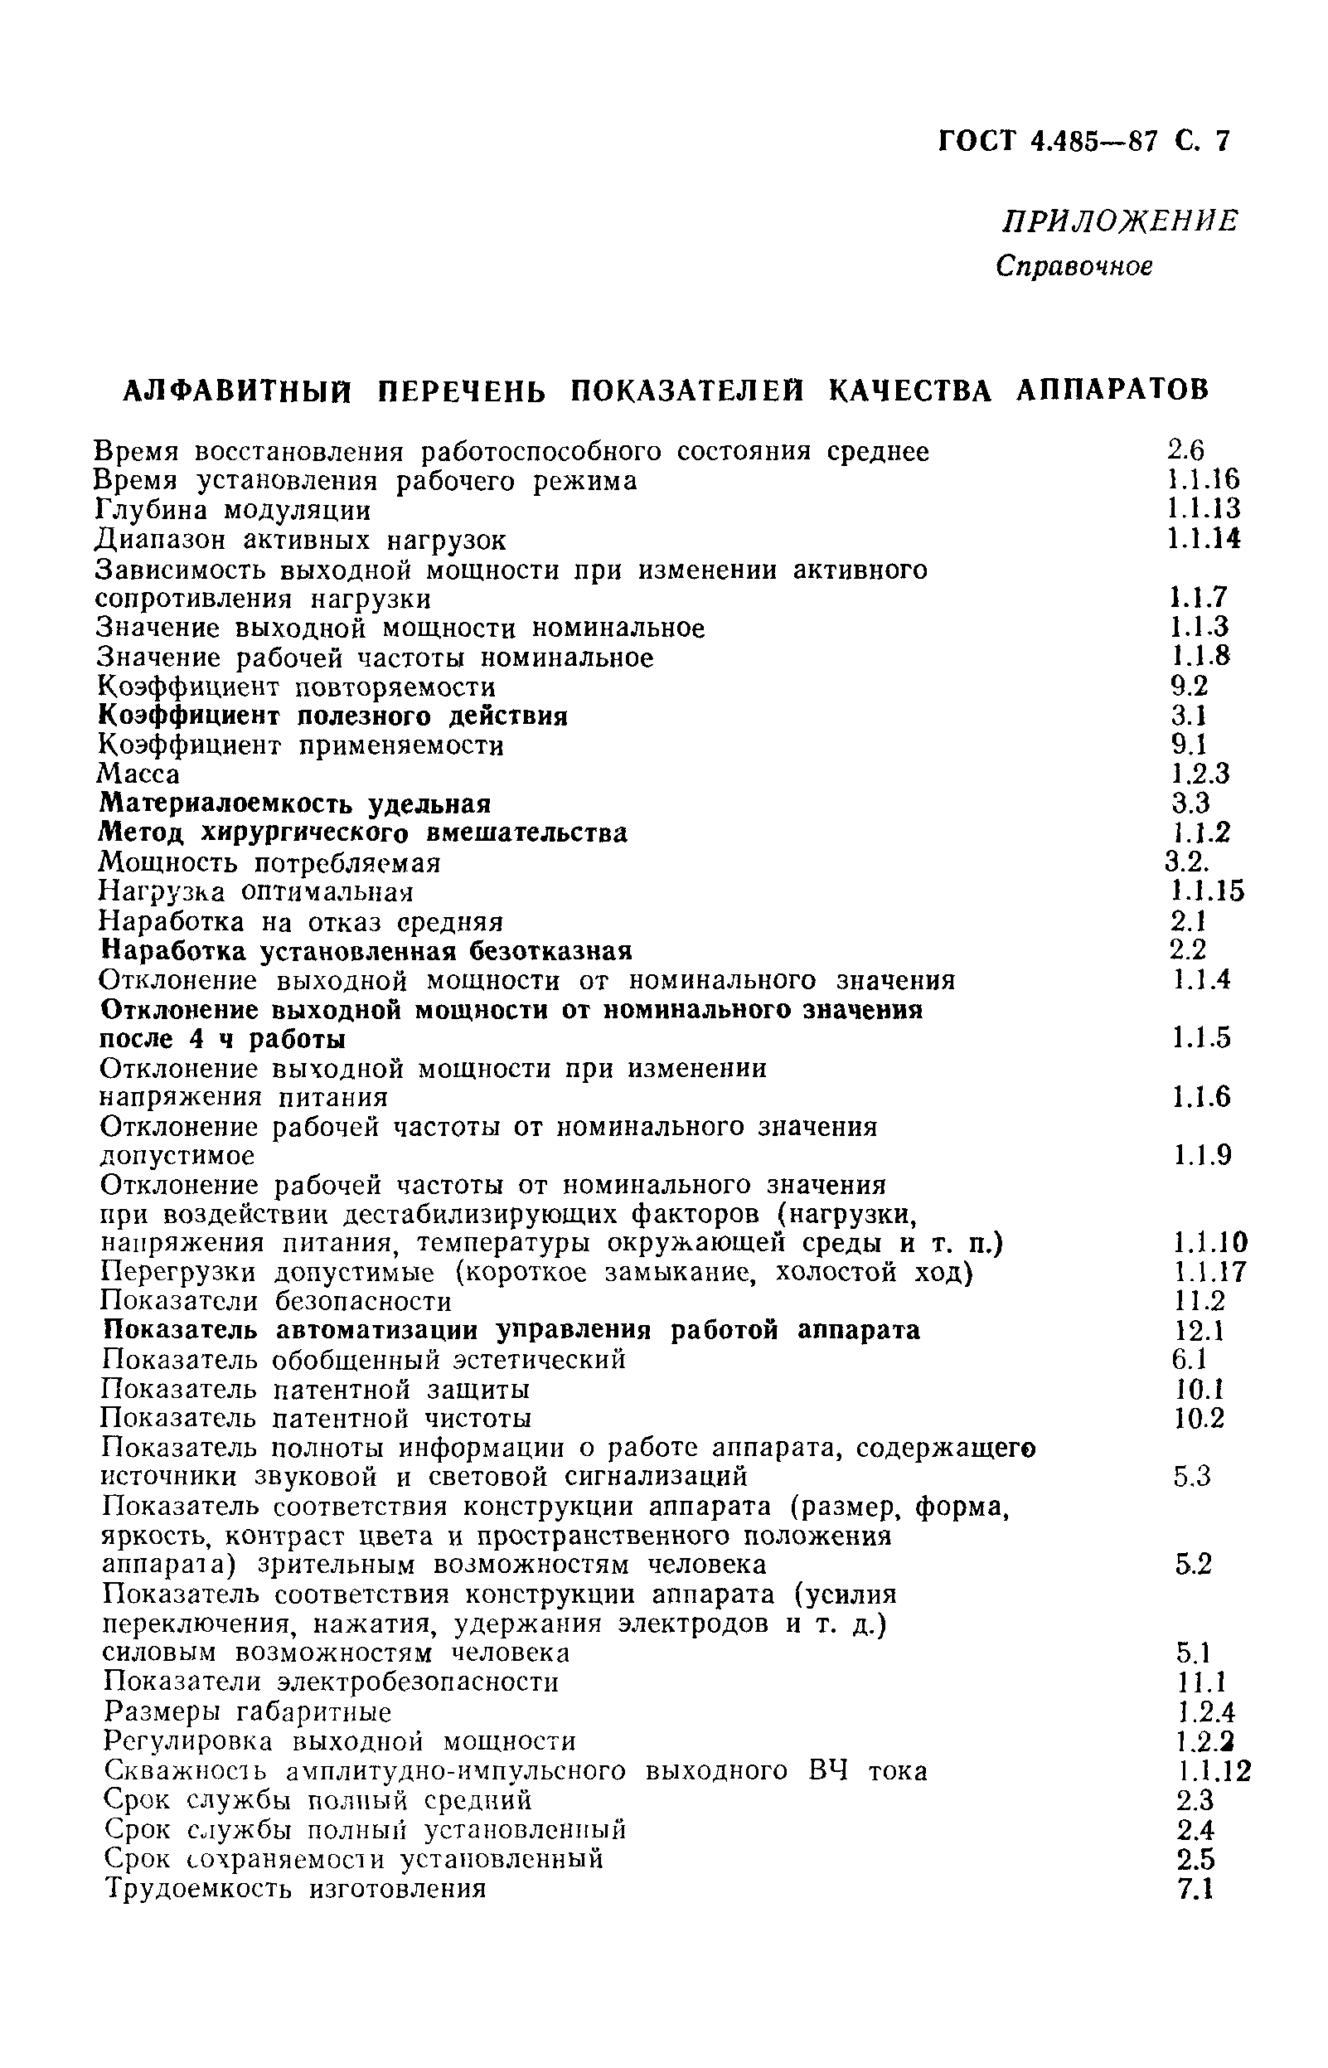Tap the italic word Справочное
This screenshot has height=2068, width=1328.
pyautogui.click(x=1074, y=266)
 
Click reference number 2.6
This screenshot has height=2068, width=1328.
pyautogui.click(x=1185, y=449)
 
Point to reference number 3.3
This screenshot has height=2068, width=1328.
pyautogui.click(x=1190, y=803)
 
